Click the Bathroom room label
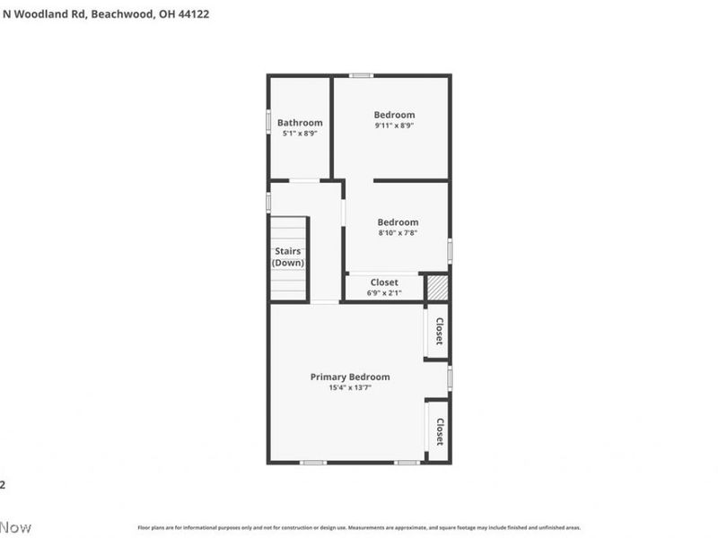click(x=300, y=123)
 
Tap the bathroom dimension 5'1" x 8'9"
click(x=300, y=134)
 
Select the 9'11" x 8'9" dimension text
click(x=394, y=126)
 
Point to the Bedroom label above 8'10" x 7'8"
click(x=398, y=222)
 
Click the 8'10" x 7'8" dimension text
click(x=398, y=233)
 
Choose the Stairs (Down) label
click(x=288, y=257)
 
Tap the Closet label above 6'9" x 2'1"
click(x=384, y=282)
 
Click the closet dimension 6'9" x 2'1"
click(x=384, y=293)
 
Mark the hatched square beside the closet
click(x=436, y=287)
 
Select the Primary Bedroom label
click(x=350, y=377)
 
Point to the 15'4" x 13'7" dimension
click(x=350, y=387)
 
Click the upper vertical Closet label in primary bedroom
click(x=439, y=332)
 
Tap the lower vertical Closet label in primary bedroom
click(x=439, y=431)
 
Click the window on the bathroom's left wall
click(x=268, y=122)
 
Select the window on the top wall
click(x=362, y=75)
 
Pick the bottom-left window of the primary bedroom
click(x=312, y=463)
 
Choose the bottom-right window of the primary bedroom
click(x=407, y=463)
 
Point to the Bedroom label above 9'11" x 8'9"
click(x=394, y=115)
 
